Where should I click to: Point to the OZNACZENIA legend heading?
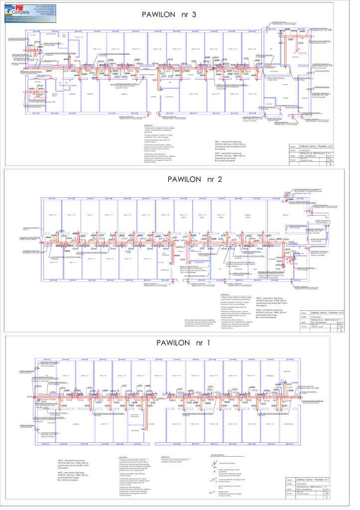[x=220, y=455]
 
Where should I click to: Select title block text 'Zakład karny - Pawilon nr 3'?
[x=324, y=146]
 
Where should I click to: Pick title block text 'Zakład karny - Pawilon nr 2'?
[x=323, y=313]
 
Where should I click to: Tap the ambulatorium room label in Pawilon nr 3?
[x=51, y=34]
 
